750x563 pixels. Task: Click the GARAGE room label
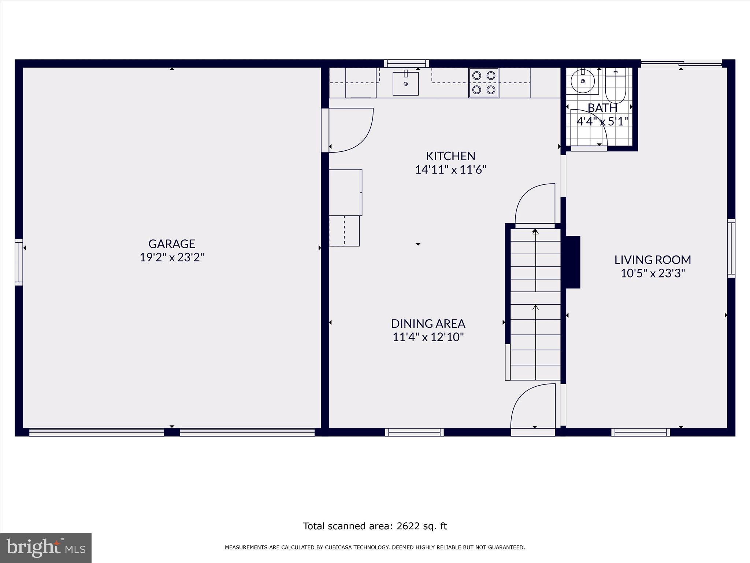click(x=171, y=244)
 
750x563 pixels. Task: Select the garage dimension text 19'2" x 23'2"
click(x=171, y=257)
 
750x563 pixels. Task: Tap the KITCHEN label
click(x=450, y=156)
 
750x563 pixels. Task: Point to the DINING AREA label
click(x=428, y=324)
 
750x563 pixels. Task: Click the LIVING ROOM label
click(x=653, y=260)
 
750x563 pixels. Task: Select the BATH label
click(x=602, y=108)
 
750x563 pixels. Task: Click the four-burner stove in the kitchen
click(x=483, y=82)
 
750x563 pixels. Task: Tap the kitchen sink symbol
click(x=405, y=84)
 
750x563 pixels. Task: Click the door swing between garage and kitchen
click(x=350, y=130)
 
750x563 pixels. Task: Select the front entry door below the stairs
click(x=533, y=409)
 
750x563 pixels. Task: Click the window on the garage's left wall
click(x=19, y=262)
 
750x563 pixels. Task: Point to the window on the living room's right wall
click(x=731, y=248)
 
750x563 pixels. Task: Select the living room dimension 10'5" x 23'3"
click(x=653, y=273)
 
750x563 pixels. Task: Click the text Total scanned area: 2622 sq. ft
click(x=375, y=526)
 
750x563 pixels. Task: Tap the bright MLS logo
click(x=46, y=548)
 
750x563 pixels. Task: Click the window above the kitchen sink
click(x=406, y=63)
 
